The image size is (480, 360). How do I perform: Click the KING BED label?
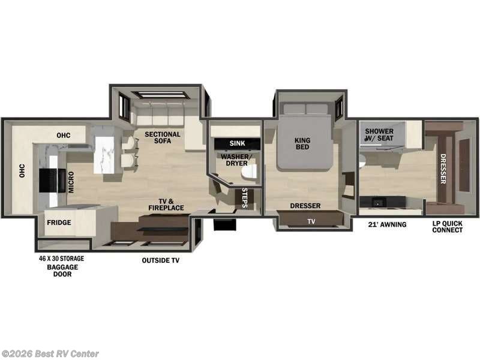[302, 145]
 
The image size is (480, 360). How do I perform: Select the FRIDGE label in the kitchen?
[59, 223]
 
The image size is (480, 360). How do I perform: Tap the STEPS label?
[245, 197]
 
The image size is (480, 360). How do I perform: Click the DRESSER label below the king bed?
[305, 206]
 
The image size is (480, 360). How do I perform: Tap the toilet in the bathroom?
[248, 173]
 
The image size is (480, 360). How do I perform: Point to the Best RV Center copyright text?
[50, 354]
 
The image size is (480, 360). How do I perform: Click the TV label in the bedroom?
[311, 221]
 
